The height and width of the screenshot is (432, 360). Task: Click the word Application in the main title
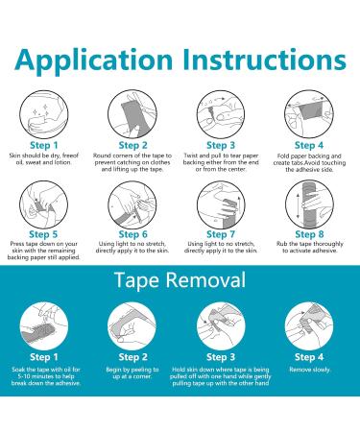[94, 60]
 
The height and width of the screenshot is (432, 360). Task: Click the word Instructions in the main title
[264, 60]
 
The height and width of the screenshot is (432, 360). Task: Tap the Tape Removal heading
[180, 279]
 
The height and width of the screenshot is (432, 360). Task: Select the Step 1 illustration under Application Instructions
[44, 114]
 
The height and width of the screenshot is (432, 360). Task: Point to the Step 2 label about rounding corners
[132, 145]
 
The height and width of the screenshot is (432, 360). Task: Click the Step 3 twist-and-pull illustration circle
[221, 114]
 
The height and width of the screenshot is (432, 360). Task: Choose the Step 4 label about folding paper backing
[309, 145]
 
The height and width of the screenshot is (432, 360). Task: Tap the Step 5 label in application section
[43, 234]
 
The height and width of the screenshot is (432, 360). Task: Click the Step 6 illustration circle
[132, 204]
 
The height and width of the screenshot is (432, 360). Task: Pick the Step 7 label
[221, 234]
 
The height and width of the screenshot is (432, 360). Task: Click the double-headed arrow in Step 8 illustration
[299, 204]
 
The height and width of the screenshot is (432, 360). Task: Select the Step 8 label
[309, 234]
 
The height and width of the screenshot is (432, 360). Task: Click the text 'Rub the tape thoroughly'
[310, 244]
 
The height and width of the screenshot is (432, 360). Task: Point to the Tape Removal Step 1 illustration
[44, 326]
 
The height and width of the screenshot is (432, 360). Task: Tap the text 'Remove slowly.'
[309, 370]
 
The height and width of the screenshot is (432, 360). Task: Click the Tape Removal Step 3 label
[221, 357]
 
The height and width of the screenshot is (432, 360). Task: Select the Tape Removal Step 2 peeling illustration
[132, 326]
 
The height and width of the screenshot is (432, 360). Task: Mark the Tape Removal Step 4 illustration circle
[309, 326]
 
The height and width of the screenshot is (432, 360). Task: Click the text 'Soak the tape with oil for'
[46, 370]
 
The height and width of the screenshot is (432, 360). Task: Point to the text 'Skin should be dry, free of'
[44, 156]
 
